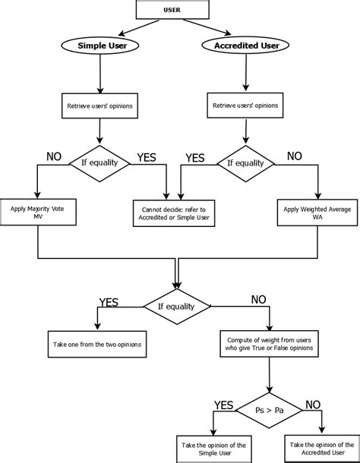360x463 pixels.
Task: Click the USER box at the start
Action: click(172, 10)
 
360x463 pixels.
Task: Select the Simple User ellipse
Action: click(101, 46)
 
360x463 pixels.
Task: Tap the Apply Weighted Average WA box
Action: click(318, 212)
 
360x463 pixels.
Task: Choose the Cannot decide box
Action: click(172, 212)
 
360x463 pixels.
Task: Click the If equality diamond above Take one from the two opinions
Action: click(177, 307)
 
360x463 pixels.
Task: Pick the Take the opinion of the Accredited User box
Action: click(322, 449)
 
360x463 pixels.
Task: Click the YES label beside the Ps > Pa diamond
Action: click(223, 405)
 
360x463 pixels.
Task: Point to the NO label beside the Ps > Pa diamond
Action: click(313, 405)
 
